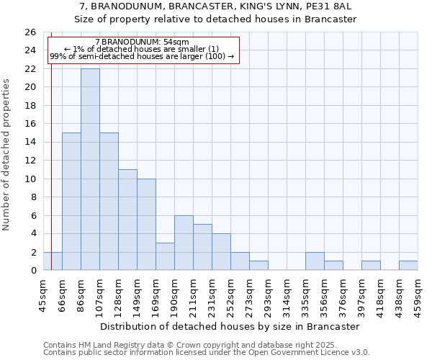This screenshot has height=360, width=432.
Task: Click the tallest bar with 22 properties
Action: (x=90, y=169)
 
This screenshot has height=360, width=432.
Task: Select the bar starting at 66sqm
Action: (x=71, y=202)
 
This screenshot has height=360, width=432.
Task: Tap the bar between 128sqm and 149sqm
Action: (x=127, y=220)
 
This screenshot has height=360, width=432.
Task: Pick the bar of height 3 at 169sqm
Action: (x=165, y=256)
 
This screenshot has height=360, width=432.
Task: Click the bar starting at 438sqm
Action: (x=408, y=266)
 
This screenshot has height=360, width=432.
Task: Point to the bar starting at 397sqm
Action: (x=371, y=266)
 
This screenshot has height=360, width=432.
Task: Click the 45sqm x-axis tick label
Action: (x=43, y=294)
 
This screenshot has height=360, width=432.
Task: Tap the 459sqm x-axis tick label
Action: (x=418, y=294)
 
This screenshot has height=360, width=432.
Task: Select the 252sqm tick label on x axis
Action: (x=230, y=294)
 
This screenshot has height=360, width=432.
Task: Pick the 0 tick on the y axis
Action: (x=32, y=271)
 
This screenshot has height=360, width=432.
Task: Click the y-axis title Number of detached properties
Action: (x=6, y=155)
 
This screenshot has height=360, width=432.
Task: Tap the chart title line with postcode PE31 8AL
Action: (x=215, y=6)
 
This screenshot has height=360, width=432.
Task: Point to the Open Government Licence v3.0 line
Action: (x=207, y=353)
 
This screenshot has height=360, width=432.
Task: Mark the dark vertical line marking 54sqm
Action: (x=51, y=166)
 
